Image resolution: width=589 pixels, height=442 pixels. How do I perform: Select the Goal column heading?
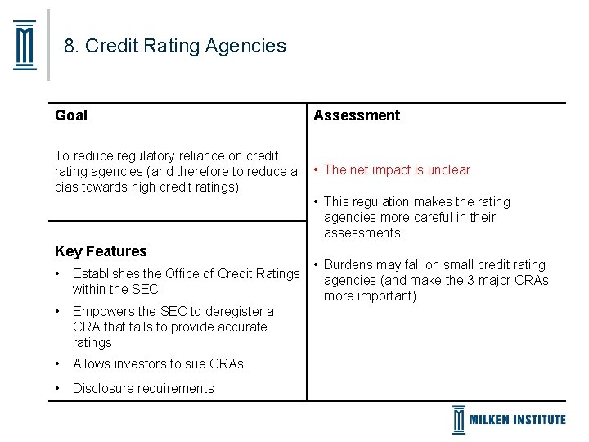point(71,115)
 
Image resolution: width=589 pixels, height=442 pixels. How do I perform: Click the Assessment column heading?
point(357,115)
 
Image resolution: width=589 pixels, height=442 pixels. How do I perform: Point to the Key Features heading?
point(101,251)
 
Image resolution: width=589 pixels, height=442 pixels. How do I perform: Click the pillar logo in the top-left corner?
point(25,46)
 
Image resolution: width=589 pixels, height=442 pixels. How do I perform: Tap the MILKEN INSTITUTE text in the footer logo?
point(517,419)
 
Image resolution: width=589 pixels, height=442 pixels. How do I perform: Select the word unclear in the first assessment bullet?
point(448,170)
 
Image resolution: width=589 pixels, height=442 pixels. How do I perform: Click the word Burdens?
point(349,264)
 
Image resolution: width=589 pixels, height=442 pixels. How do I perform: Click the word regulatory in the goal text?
point(149,156)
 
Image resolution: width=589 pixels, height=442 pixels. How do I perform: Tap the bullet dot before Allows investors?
point(58,363)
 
